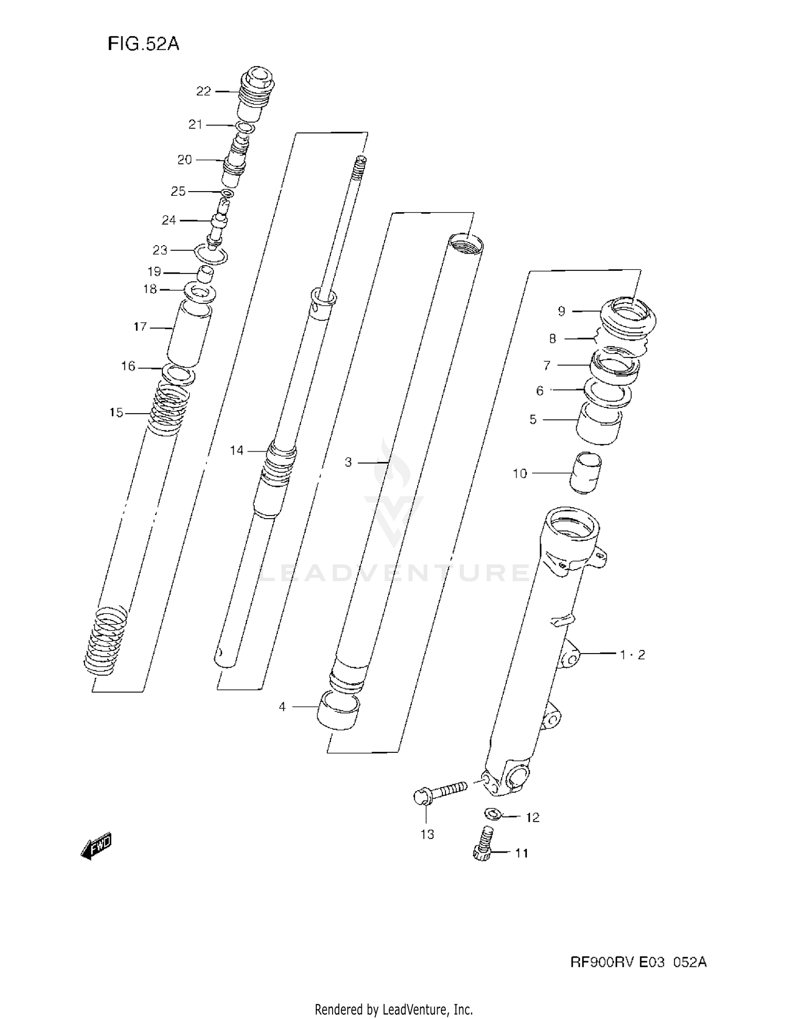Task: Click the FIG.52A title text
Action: pos(143,44)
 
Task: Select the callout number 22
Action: pos(203,91)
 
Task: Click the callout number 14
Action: pos(236,450)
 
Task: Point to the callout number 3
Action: pos(348,463)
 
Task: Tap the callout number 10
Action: pos(519,474)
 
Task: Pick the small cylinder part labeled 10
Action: pos(586,472)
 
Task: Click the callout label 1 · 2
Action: pos(632,655)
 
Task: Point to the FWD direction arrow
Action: pos(97,846)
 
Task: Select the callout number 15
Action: pos(116,413)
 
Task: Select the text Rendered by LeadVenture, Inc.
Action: pos(393,1009)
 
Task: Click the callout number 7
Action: pos(547,365)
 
